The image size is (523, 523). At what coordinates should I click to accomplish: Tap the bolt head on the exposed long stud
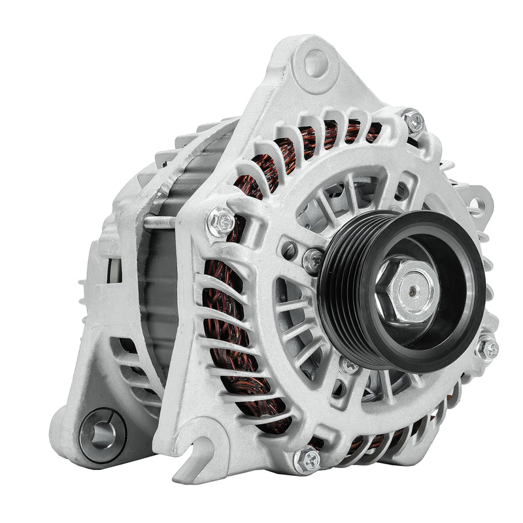click(220, 222)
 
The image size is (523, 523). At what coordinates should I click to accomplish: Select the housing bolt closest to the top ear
click(413, 120)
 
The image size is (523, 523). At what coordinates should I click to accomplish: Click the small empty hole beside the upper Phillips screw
click(288, 248)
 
